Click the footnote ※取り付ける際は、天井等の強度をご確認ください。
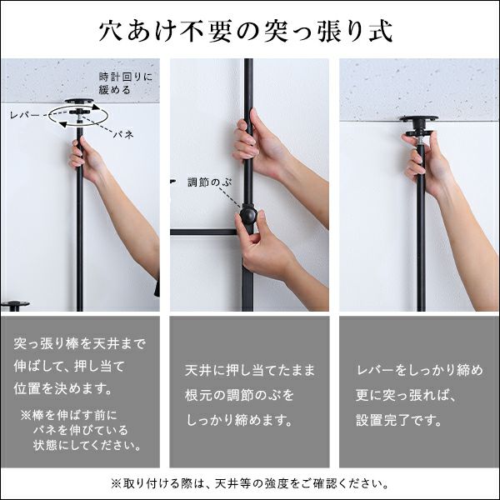tap(249, 483)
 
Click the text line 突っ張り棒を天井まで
tap(80, 342)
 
